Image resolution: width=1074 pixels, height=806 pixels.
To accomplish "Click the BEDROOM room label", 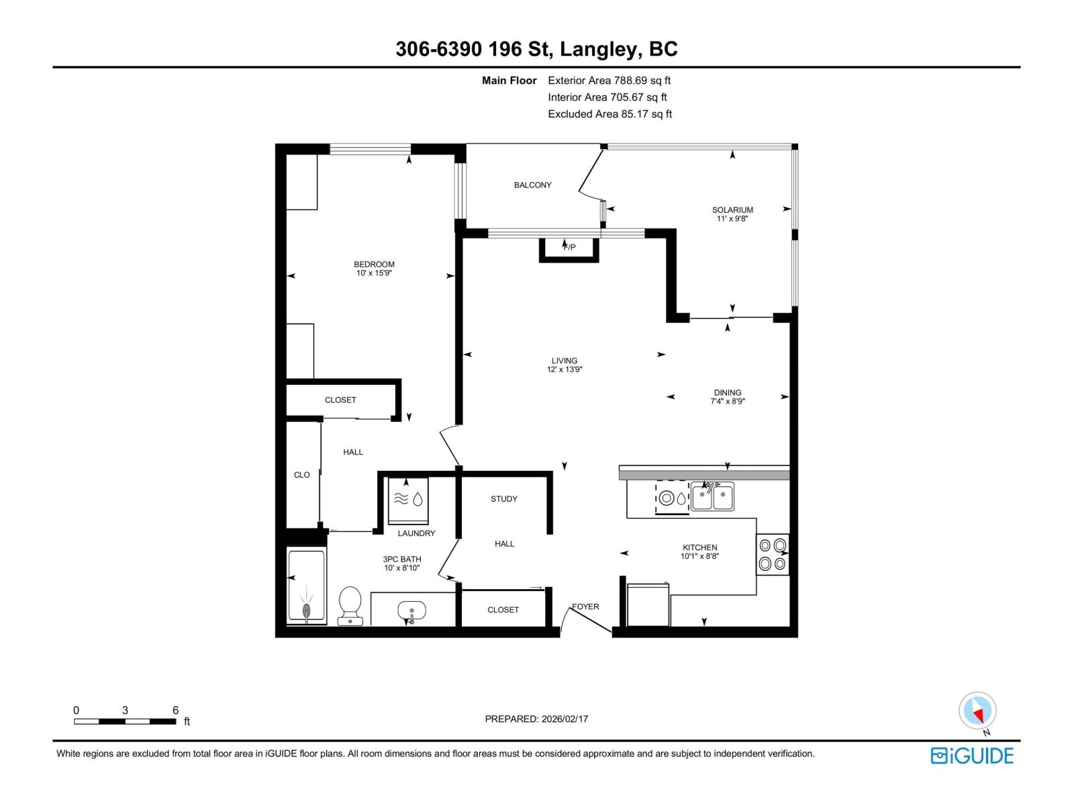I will pyautogui.click(x=374, y=265).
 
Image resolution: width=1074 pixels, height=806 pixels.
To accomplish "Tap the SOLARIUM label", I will pyautogui.click(x=732, y=210).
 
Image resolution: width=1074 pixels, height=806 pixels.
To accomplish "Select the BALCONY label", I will pyautogui.click(x=532, y=185).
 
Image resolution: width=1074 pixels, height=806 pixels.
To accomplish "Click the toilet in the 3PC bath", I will pyautogui.click(x=350, y=605).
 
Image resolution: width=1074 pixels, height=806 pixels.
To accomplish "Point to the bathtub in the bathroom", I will pyautogui.click(x=306, y=586).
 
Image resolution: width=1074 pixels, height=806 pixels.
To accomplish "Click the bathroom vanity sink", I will pyautogui.click(x=411, y=612).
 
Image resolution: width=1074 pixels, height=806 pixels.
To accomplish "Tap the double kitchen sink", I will pyautogui.click(x=712, y=498).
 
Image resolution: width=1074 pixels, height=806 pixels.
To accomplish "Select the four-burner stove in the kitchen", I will pyautogui.click(x=773, y=555).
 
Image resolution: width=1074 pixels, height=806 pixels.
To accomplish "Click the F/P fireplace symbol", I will pyautogui.click(x=569, y=247).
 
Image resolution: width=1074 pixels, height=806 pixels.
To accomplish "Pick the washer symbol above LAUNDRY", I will pyautogui.click(x=408, y=500).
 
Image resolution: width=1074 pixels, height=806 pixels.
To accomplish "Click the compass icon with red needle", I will pyautogui.click(x=977, y=711).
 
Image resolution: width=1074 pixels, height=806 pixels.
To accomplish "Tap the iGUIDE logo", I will pyautogui.click(x=971, y=756).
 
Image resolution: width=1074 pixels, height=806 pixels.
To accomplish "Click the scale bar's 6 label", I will pyautogui.click(x=175, y=710).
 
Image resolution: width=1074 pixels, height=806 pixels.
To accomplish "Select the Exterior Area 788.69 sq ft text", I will pyautogui.click(x=609, y=81).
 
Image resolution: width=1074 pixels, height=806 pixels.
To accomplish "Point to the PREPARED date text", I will pyautogui.click(x=536, y=719).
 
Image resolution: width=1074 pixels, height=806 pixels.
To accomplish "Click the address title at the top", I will pyautogui.click(x=536, y=49).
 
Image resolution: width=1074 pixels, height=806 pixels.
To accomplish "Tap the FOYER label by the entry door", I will pyautogui.click(x=585, y=607).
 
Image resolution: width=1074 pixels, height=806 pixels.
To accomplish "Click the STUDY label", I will pyautogui.click(x=503, y=499).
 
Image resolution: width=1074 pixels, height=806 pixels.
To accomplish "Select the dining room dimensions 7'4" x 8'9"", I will pyautogui.click(x=728, y=402).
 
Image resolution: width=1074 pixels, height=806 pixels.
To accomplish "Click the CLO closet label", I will pyautogui.click(x=301, y=475).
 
